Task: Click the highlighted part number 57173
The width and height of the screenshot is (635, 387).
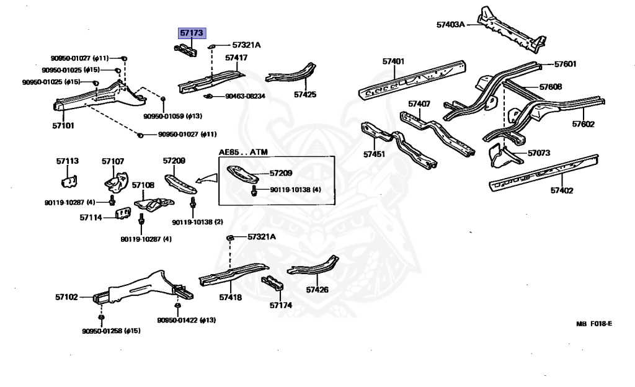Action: tap(191, 33)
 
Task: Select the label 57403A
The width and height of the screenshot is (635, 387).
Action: tap(450, 25)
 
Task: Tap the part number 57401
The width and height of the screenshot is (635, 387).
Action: tap(393, 61)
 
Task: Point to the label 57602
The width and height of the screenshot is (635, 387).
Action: tap(583, 124)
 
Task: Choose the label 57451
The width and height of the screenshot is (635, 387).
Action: tap(375, 154)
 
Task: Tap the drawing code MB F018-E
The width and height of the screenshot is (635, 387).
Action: tap(593, 324)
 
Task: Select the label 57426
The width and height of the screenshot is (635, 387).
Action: tap(317, 290)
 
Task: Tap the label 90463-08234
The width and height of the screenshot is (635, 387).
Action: tap(244, 96)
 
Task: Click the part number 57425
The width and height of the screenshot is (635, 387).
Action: tap(305, 95)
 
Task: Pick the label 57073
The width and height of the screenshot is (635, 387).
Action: tap(540, 153)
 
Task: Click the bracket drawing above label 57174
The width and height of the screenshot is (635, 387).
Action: tap(273, 285)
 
